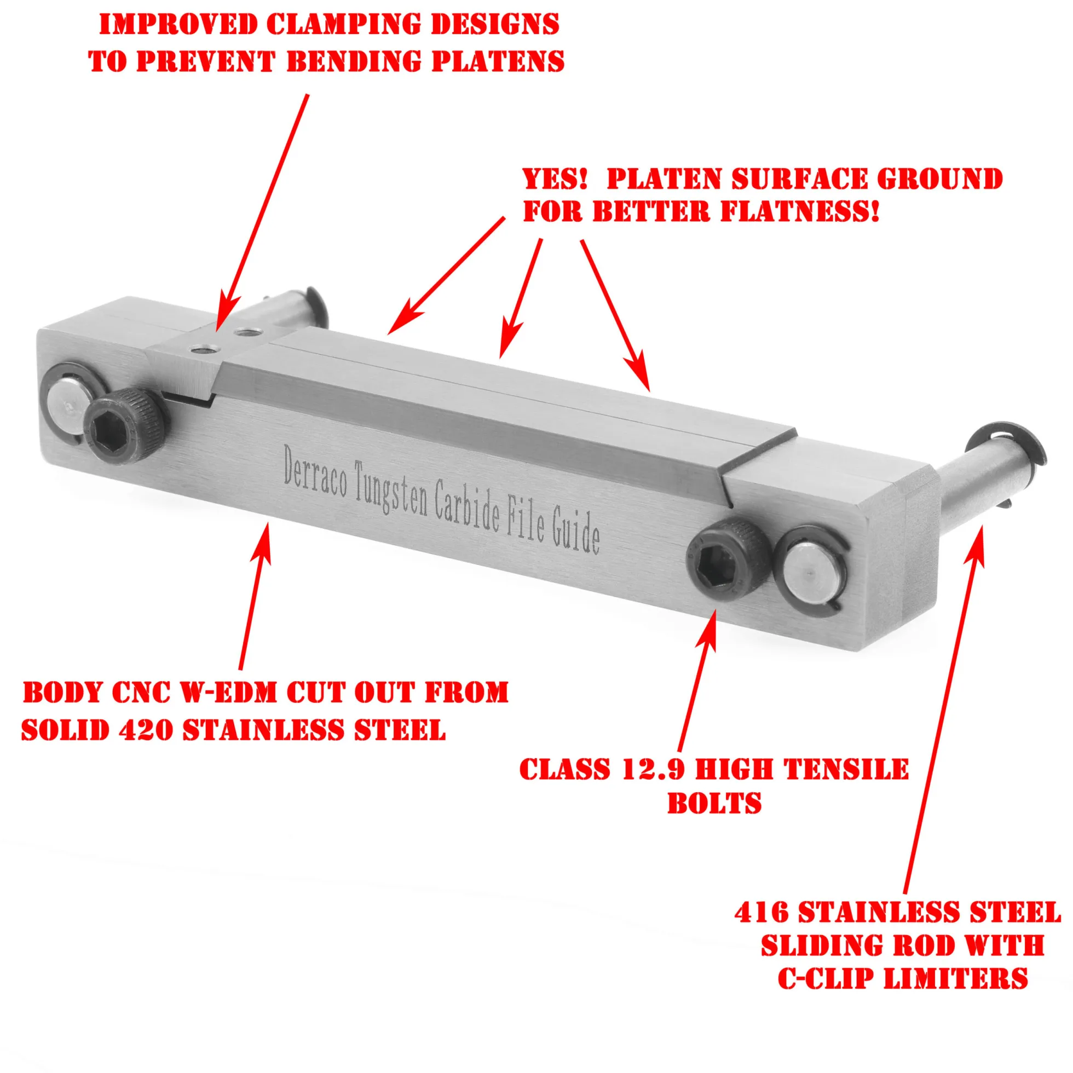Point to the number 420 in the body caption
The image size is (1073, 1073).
[x=146, y=729]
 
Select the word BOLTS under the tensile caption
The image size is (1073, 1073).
[x=714, y=804]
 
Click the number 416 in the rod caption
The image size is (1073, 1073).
[x=762, y=912]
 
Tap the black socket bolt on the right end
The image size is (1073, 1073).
[x=727, y=560]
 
